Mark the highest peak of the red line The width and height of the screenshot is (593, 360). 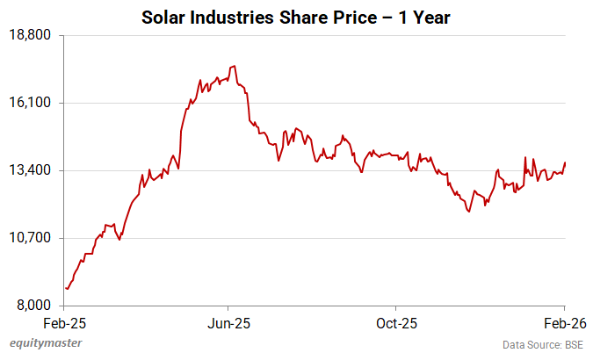pyautogui.click(x=233, y=66)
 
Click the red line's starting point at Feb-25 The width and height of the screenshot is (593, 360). pyautogui.click(x=66, y=288)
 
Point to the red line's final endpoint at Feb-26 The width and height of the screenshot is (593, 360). pyautogui.click(x=565, y=162)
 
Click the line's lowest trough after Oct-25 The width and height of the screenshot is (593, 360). pyautogui.click(x=469, y=212)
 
